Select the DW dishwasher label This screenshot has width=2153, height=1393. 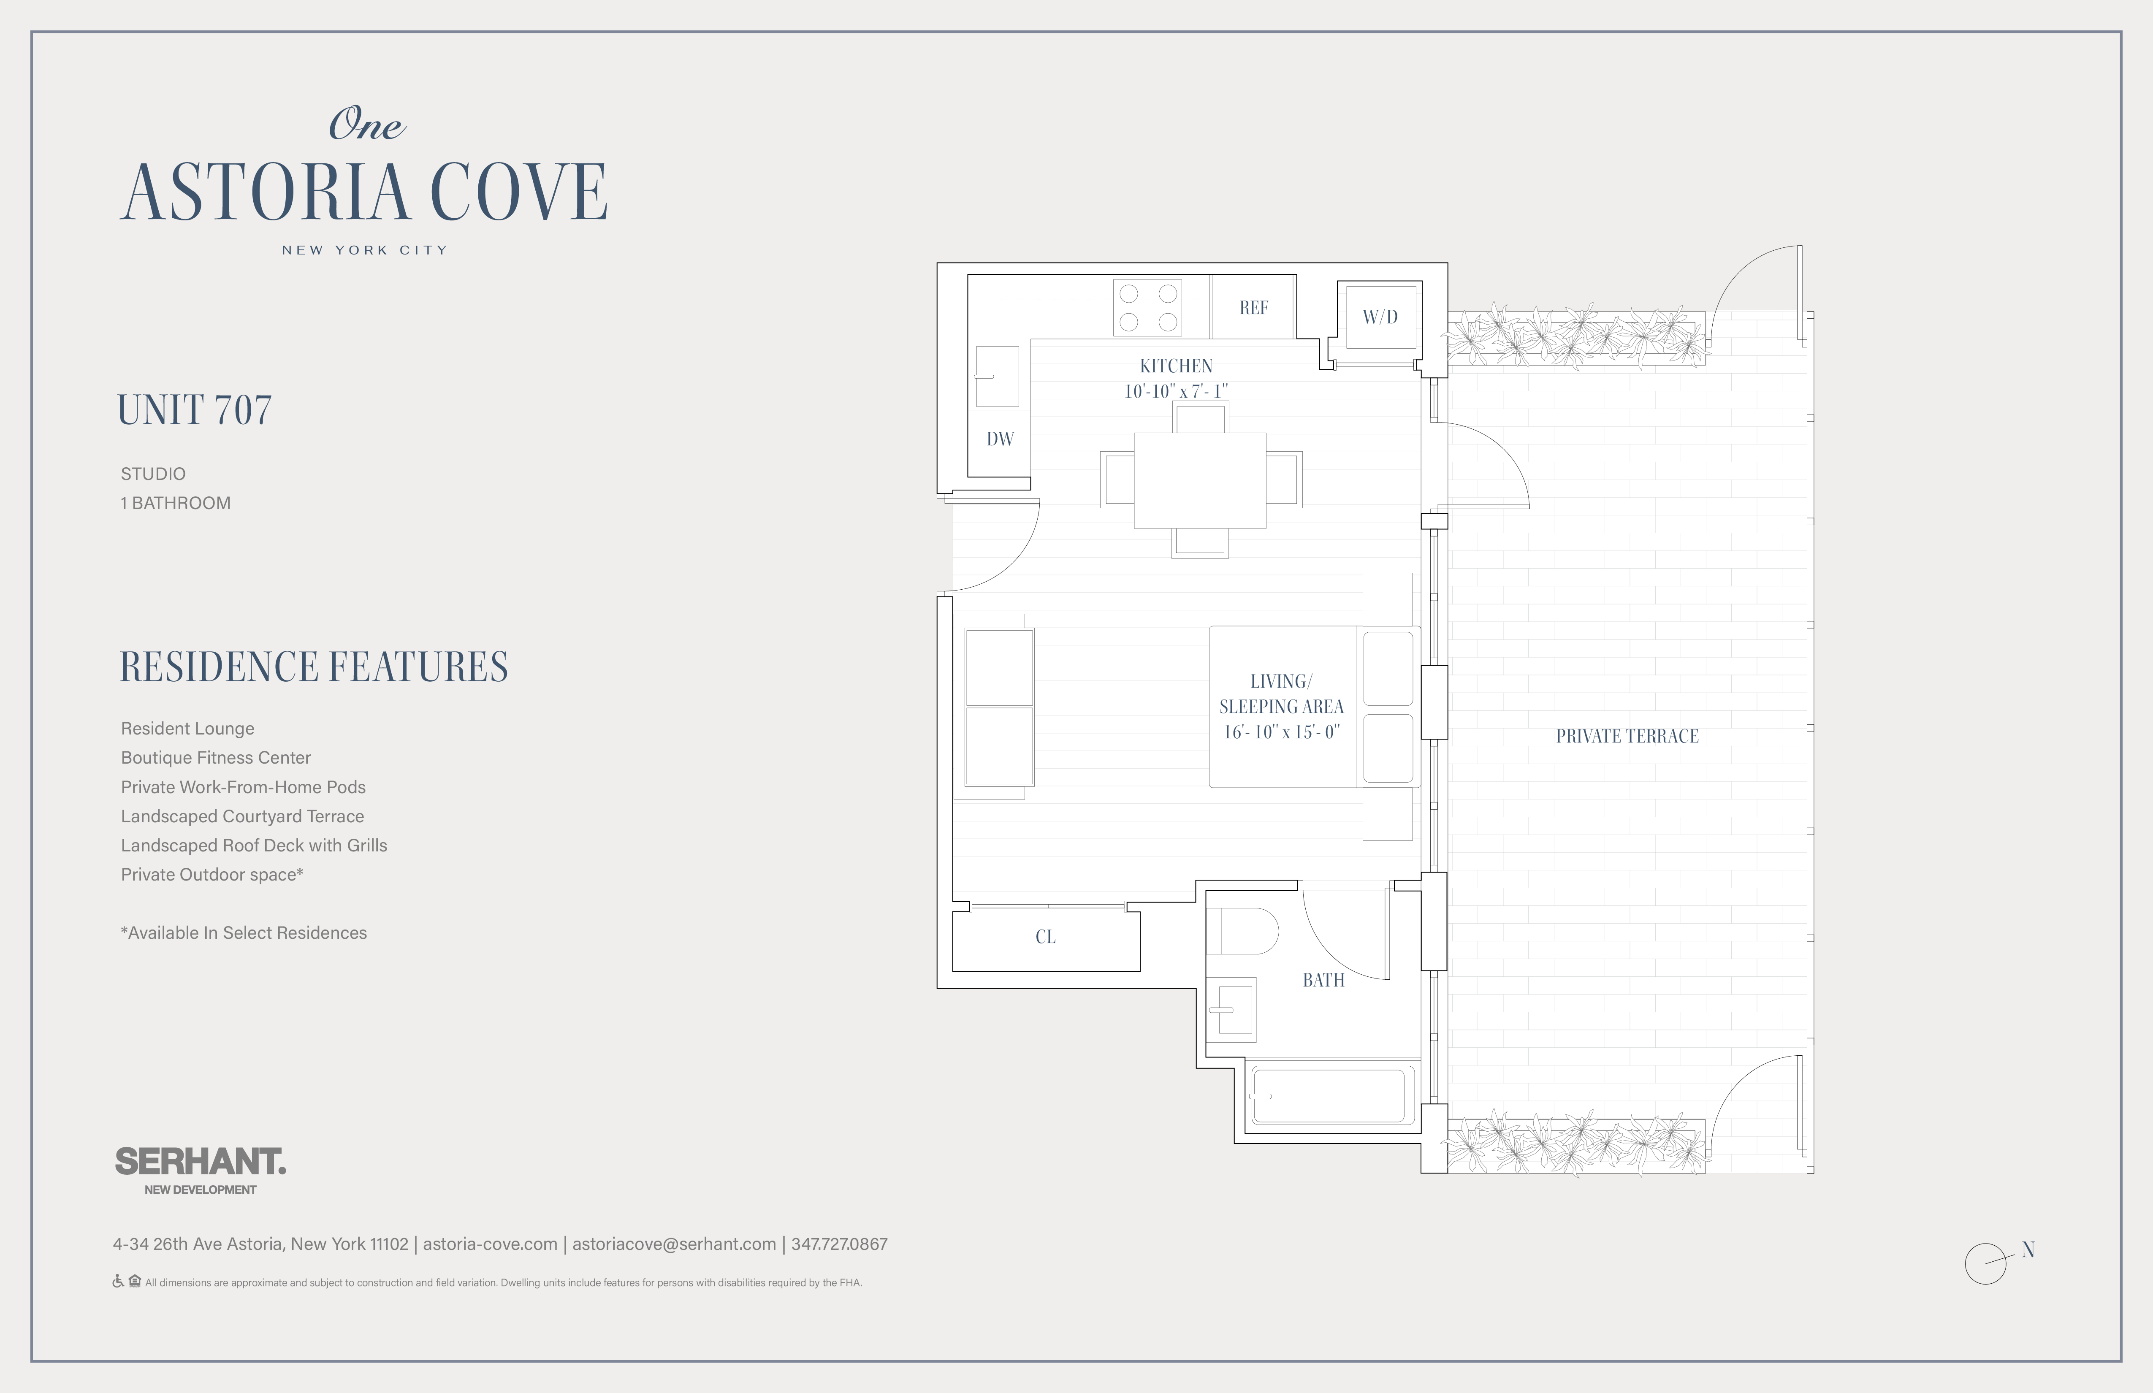point(1000,439)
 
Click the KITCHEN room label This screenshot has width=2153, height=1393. point(1176,366)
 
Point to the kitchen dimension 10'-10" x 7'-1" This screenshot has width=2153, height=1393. point(1176,391)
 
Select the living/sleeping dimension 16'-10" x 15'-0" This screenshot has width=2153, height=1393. point(1281,732)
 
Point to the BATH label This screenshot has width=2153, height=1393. point(1323,980)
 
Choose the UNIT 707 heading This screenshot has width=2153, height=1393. point(195,410)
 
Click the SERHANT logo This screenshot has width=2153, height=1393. point(200,1161)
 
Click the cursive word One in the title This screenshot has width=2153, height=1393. point(366,124)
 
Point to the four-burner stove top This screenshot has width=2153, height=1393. point(1148,308)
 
